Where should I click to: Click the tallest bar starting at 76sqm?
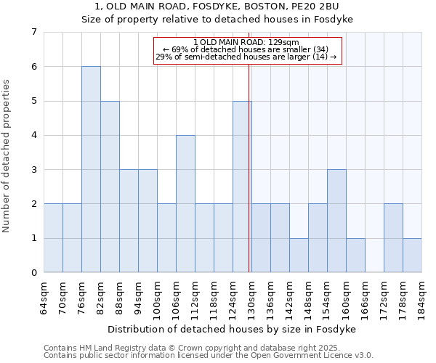click(x=91, y=169)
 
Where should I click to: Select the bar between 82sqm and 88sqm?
click(x=110, y=187)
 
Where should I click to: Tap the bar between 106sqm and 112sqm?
click(x=185, y=204)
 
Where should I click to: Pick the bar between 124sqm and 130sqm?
click(x=242, y=187)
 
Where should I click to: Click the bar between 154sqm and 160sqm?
click(x=336, y=221)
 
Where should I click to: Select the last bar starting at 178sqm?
click(x=412, y=256)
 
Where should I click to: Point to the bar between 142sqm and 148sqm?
click(x=299, y=256)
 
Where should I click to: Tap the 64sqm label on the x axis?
click(x=44, y=295)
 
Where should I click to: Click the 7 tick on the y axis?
click(x=33, y=32)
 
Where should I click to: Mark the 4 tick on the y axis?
click(x=33, y=135)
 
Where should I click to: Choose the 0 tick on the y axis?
click(x=33, y=273)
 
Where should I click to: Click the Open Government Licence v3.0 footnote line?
click(x=209, y=356)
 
